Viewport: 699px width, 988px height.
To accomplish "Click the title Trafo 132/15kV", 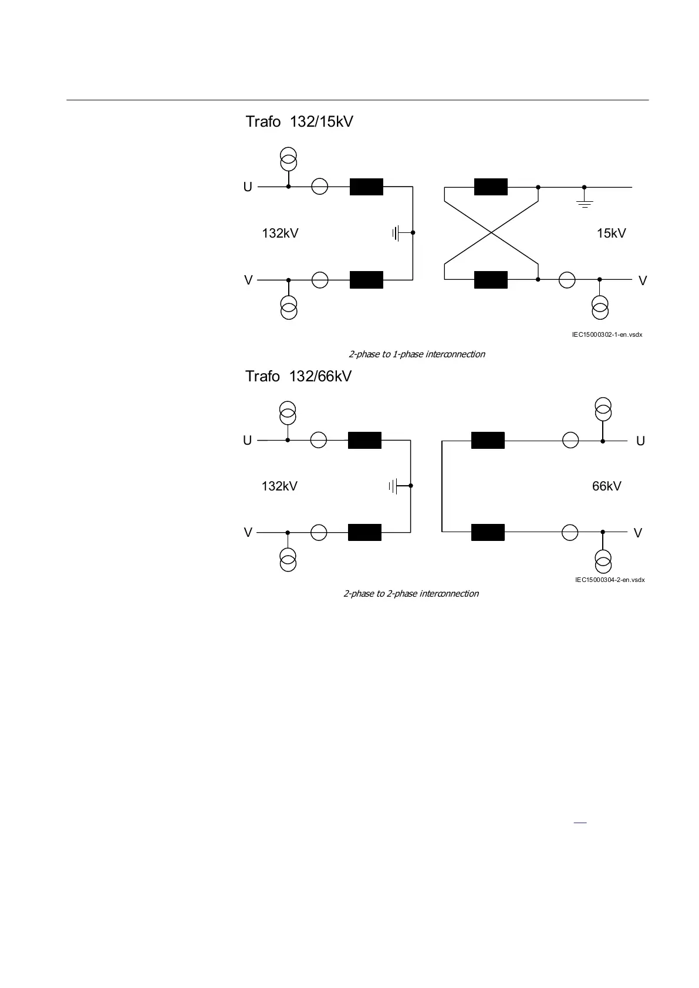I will (299, 122).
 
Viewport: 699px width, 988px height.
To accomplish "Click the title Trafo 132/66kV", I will (298, 376).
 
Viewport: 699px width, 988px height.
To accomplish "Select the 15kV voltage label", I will (611, 234).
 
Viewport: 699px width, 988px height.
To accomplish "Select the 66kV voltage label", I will (606, 486).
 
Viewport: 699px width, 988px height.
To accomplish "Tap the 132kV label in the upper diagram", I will (280, 234).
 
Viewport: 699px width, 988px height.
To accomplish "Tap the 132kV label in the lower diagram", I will (279, 486).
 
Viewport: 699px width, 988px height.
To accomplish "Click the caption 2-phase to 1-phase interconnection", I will (417, 354).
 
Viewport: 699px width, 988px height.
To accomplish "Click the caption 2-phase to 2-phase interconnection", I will (411, 594).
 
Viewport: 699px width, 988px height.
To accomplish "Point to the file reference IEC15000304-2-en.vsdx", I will (610, 580).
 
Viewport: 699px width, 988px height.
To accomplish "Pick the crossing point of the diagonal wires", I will (491, 233).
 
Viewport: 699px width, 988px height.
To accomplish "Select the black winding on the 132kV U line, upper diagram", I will (366, 187).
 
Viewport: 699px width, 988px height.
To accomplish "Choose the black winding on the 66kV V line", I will (488, 532).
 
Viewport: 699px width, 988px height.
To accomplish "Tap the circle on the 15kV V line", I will (567, 280).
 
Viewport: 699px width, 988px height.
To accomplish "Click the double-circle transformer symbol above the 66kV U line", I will (603, 410).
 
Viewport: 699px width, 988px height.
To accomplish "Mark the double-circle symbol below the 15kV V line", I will (600, 307).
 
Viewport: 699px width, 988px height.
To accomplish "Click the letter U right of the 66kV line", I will (640, 441).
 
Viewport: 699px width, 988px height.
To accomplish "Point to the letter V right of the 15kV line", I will (643, 281).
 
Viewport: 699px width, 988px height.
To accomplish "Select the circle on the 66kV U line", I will (570, 440).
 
